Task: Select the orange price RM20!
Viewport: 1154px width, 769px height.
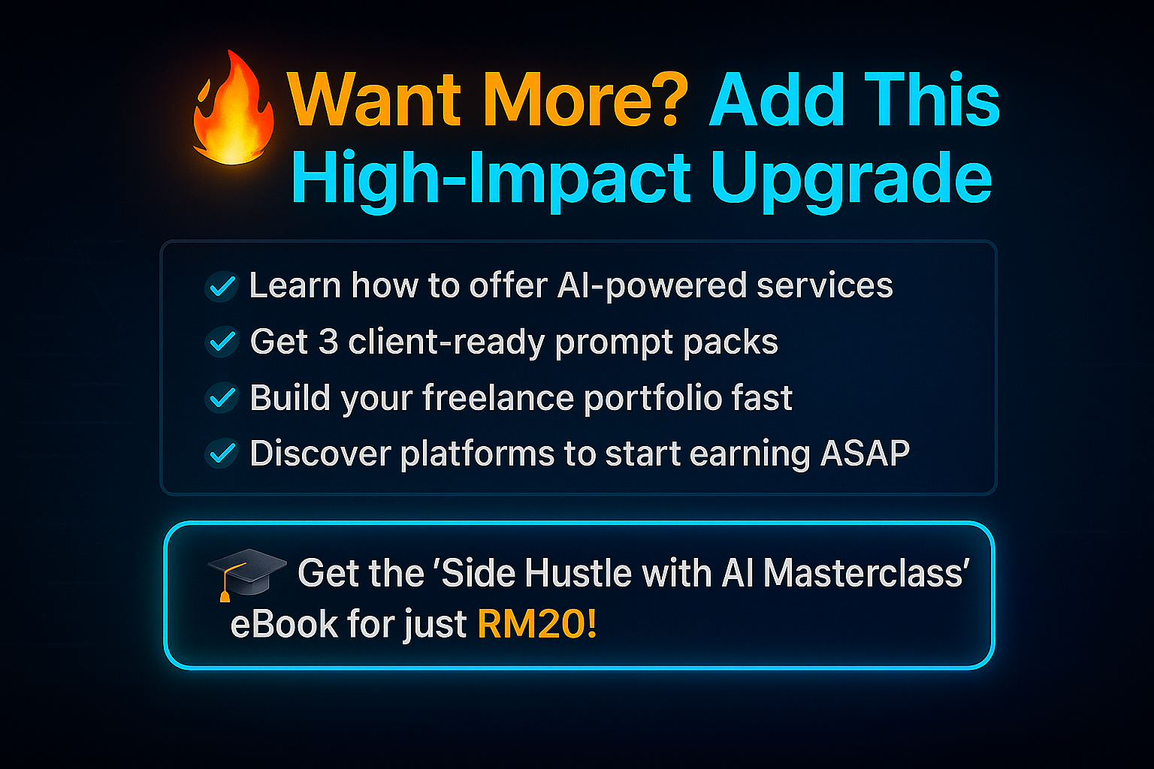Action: tap(537, 624)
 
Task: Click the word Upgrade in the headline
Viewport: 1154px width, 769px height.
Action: tap(851, 180)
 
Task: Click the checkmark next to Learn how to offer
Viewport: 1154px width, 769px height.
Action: tap(222, 286)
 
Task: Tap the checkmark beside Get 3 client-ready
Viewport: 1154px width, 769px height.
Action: tap(222, 342)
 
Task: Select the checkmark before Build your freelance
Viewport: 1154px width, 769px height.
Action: tap(222, 397)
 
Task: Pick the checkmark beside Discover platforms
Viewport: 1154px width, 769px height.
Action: tap(222, 454)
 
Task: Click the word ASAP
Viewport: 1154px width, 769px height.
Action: tap(865, 454)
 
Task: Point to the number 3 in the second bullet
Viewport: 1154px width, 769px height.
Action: tap(328, 342)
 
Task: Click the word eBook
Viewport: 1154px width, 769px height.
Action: tap(284, 624)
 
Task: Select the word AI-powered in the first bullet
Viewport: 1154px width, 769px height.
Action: tap(651, 286)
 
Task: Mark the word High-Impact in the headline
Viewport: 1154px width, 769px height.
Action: tap(491, 180)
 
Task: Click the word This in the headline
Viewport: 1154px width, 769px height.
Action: tap(932, 99)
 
